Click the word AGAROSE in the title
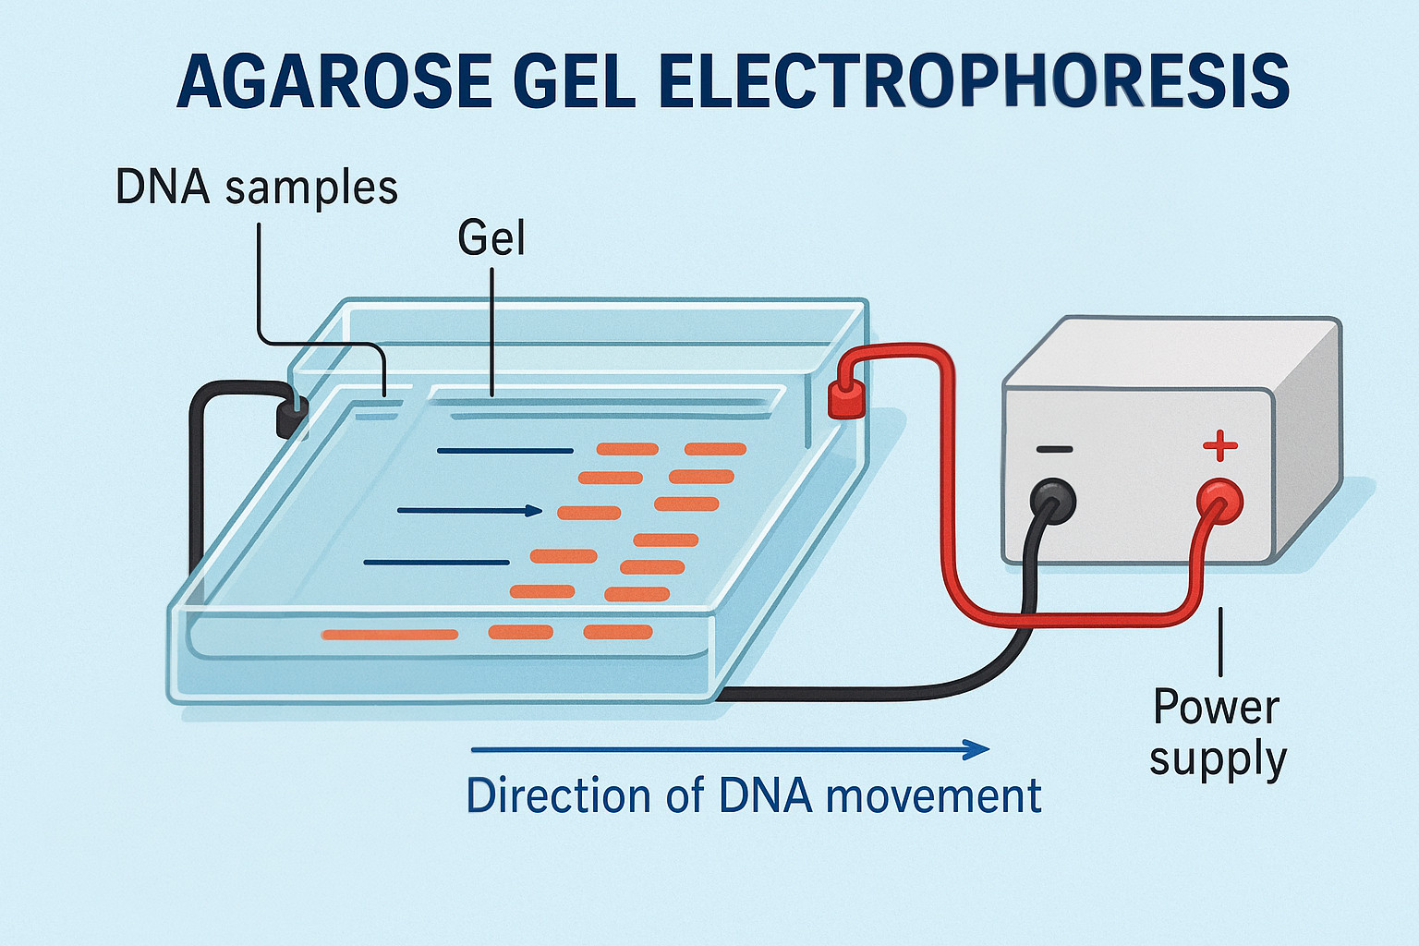pyautogui.click(x=334, y=81)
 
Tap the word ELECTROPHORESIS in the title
pyautogui.click(x=975, y=81)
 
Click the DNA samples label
pyautogui.click(x=256, y=187)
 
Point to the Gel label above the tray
pyautogui.click(x=491, y=238)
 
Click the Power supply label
pyautogui.click(x=1218, y=733)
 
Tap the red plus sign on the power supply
pyautogui.click(x=1219, y=446)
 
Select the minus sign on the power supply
pyautogui.click(x=1054, y=449)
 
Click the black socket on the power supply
pyautogui.click(x=1053, y=502)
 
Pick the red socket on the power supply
pyautogui.click(x=1219, y=502)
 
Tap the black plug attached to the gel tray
pyautogui.click(x=292, y=418)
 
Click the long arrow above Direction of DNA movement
pyautogui.click(x=730, y=749)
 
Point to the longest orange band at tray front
pyautogui.click(x=389, y=634)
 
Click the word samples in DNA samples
pyautogui.click(x=311, y=188)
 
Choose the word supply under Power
pyautogui.click(x=1218, y=760)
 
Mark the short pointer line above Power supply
pyautogui.click(x=1221, y=641)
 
